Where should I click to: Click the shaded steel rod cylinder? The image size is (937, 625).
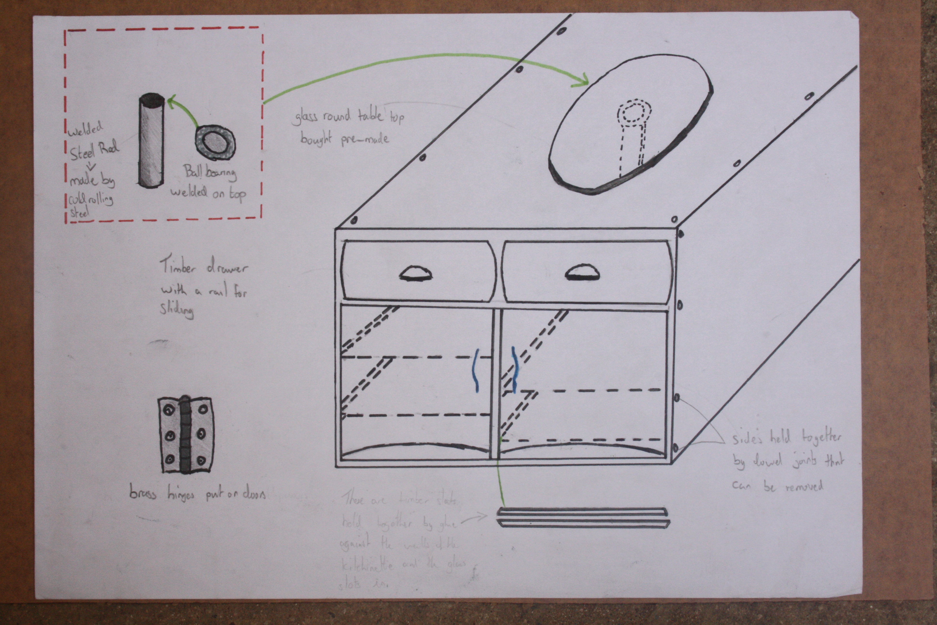click(151, 141)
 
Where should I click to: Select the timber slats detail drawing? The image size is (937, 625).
click(582, 517)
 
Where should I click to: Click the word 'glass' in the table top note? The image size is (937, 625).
click(306, 118)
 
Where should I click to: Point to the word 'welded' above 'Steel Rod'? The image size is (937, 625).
click(85, 129)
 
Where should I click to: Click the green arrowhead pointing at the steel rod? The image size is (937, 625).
click(171, 102)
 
